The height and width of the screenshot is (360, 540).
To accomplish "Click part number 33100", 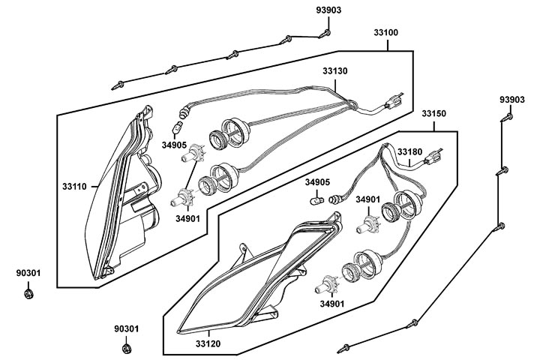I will pos(385,33).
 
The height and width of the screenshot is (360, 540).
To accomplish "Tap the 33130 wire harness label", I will pos(335,71).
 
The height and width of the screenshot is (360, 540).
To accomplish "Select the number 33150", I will pos(433,114).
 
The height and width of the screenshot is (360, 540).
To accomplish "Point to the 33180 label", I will pos(409,151).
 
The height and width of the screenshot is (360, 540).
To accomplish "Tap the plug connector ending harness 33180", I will pos(435,158).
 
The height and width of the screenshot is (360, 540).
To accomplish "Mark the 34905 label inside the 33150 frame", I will pos(316,181).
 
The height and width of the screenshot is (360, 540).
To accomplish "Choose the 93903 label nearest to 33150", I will pos(513,100).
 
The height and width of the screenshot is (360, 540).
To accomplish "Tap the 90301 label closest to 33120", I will pos(126,328).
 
